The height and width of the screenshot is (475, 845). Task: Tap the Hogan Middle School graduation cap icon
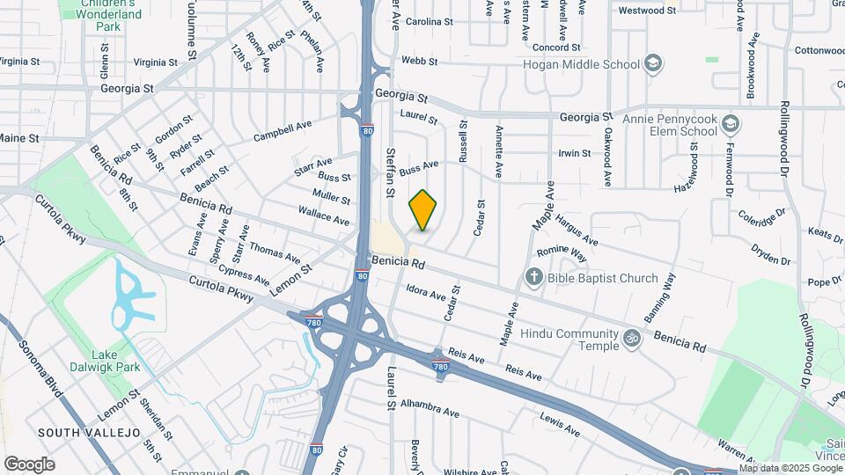click(652, 63)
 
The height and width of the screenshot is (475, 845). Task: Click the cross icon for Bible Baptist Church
click(533, 278)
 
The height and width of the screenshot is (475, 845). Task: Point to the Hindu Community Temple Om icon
click(630, 337)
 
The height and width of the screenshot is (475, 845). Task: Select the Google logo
click(29, 464)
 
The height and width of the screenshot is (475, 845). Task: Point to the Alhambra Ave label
click(430, 412)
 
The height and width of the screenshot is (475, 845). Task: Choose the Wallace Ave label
click(324, 216)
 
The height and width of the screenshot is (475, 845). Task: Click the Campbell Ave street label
click(283, 131)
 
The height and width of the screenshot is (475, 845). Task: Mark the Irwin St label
click(574, 153)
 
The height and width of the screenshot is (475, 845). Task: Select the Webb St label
click(414, 61)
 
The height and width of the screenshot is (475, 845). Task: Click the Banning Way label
click(664, 295)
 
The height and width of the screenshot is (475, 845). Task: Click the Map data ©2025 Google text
click(783, 468)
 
